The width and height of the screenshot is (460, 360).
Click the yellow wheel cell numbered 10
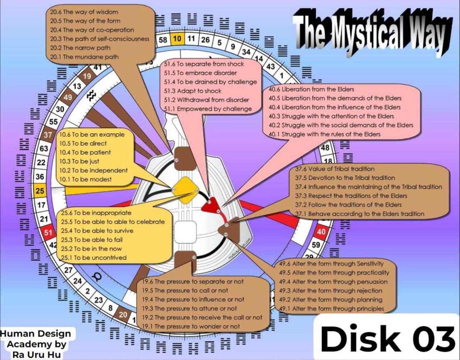pos(177,38)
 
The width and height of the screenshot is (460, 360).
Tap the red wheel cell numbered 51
pos(48,232)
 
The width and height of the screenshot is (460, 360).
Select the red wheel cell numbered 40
pos(321,232)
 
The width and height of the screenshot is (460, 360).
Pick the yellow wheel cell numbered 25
pos(40,190)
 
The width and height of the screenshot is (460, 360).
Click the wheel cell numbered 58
pos(163,40)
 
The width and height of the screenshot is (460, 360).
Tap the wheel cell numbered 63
pos(44,148)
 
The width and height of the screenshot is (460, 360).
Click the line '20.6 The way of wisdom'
pos(84,12)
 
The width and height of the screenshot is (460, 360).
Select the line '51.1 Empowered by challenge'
pos(208,109)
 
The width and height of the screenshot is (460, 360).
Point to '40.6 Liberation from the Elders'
pos(311,89)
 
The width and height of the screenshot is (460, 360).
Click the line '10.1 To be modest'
pos(86,179)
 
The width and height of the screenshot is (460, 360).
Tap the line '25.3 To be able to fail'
pos(92,240)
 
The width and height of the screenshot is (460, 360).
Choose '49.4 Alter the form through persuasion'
pos(333,282)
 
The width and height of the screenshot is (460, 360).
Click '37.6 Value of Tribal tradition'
pos(335,169)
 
